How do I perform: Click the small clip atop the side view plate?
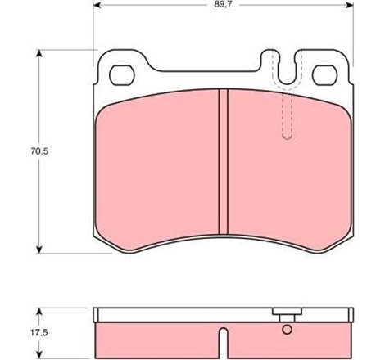(x=286, y=314)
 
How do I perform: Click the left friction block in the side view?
(x=156, y=336)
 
